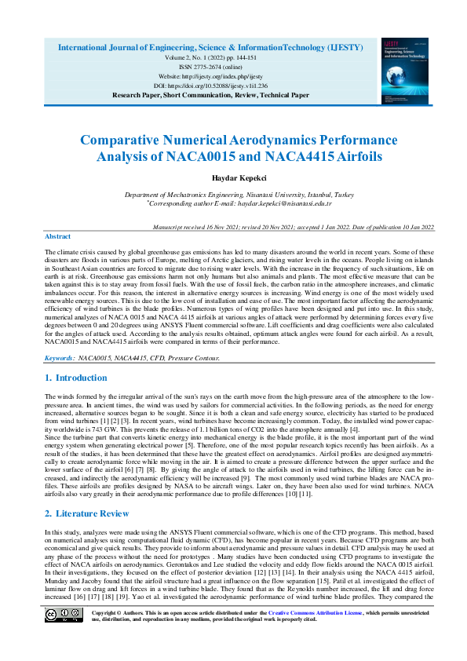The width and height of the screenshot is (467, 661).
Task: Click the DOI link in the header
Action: tap(210, 85)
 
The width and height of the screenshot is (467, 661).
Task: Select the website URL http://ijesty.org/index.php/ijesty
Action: tap(210, 76)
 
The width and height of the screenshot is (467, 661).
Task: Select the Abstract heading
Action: tap(57, 236)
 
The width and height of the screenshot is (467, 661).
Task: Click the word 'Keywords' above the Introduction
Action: tap(59, 358)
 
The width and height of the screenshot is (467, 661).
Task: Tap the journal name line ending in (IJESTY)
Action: tap(210, 48)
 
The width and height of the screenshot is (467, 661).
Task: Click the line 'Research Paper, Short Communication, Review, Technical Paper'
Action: tap(210, 94)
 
